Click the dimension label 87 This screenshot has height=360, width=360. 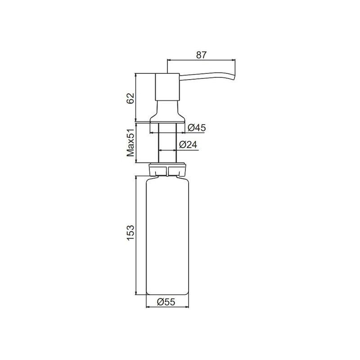pyautogui.click(x=201, y=54)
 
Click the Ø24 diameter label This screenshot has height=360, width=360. pyautogui.click(x=187, y=145)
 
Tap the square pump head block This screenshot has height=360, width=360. pyautogui.click(x=167, y=86)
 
